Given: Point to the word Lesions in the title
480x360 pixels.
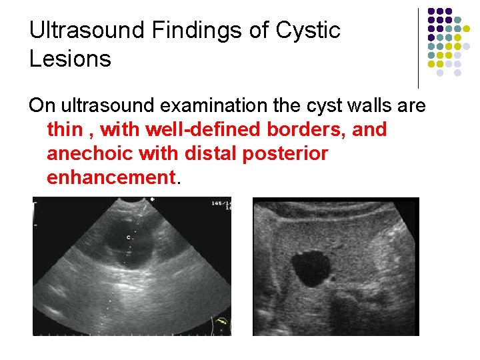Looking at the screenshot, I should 70,59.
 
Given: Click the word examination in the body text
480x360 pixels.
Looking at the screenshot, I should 214,105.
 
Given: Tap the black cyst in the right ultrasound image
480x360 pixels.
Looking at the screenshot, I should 311,268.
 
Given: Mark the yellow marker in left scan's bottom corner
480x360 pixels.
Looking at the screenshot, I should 222,324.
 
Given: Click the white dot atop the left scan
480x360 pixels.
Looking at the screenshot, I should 153,199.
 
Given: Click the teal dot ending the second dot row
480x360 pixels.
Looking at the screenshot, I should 457,20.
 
